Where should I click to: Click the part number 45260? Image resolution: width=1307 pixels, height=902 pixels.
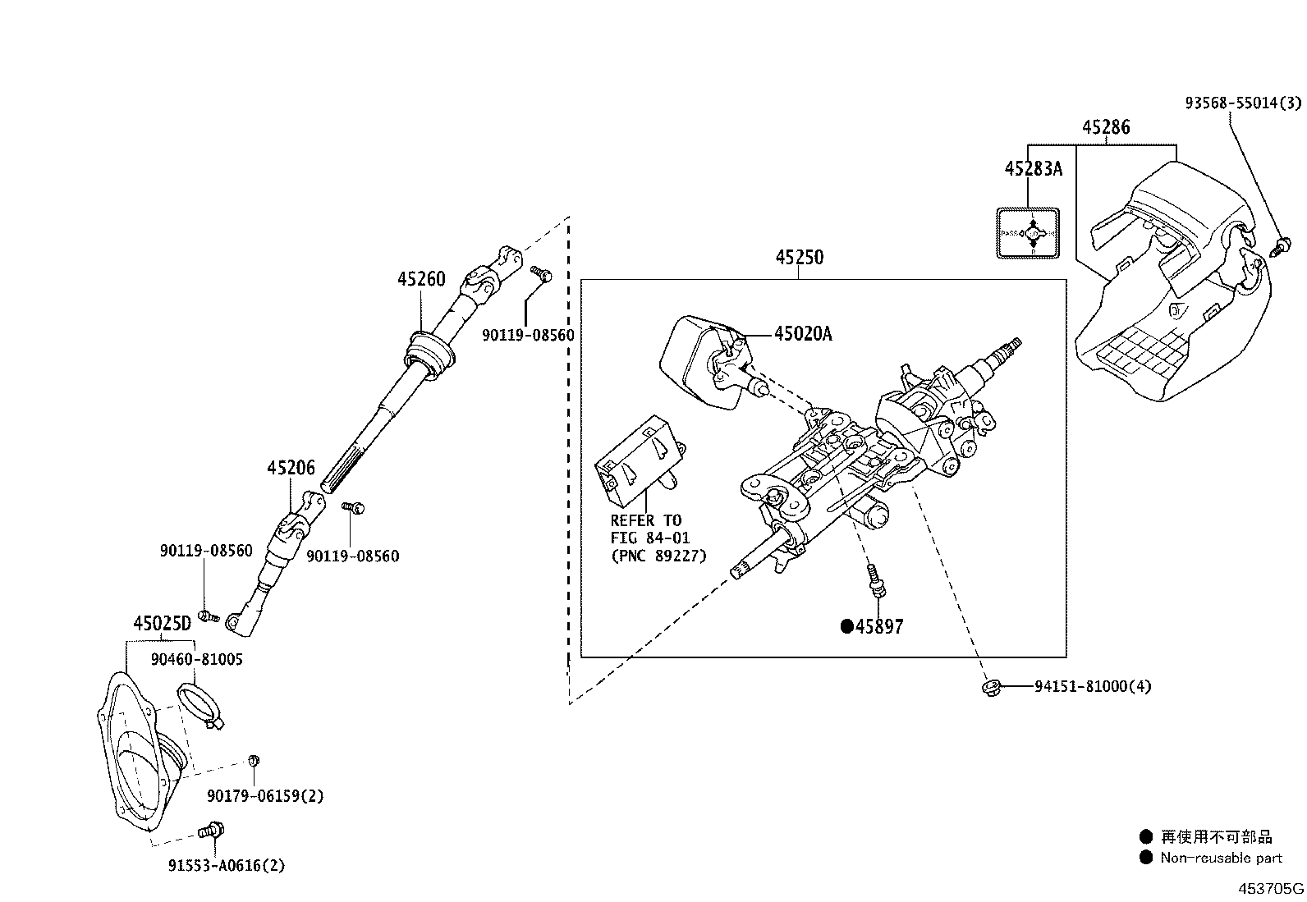[x=421, y=279]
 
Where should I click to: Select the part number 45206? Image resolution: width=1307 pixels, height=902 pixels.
[x=291, y=468]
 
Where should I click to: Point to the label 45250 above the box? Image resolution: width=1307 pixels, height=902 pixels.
[x=799, y=258]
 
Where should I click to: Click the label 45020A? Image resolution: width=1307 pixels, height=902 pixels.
[x=802, y=333]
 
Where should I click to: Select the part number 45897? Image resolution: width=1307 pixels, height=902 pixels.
[x=879, y=627]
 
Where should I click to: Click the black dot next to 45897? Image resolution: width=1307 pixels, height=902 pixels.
[x=846, y=627]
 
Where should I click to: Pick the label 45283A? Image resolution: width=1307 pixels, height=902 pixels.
[x=1033, y=168]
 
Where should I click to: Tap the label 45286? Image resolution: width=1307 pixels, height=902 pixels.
[x=1105, y=127]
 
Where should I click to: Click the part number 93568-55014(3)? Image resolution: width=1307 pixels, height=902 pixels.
[x=1243, y=103]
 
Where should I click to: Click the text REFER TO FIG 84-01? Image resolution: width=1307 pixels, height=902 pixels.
[x=647, y=529]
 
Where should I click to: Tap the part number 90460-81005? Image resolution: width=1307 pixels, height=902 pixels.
[x=196, y=659]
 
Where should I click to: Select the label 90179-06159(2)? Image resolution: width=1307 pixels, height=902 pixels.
[x=265, y=796]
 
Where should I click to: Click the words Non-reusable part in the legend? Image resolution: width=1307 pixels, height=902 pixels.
[x=1221, y=858]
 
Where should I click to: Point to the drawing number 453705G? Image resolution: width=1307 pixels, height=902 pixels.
[x=1271, y=888]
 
